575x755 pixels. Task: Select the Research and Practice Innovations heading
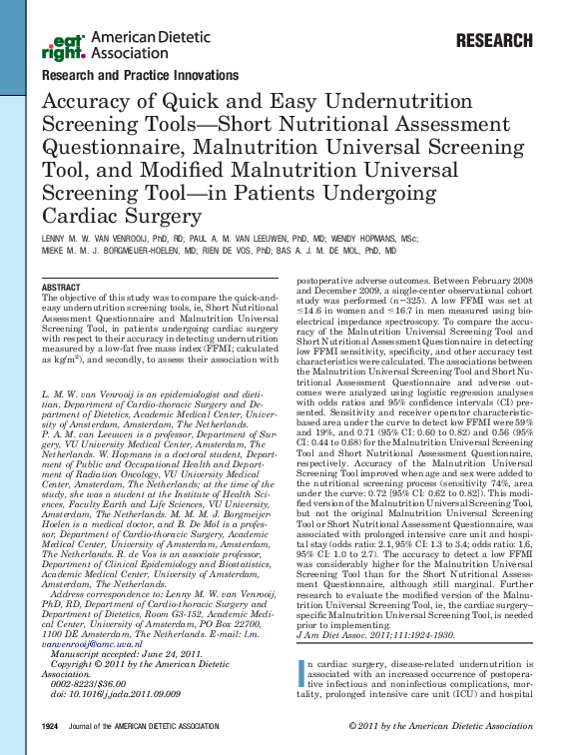[x=140, y=75]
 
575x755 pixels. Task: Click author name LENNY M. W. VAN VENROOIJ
[x=103, y=240]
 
